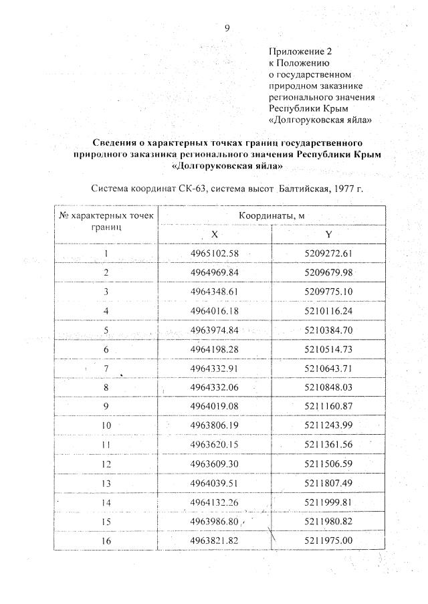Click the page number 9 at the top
click(227, 27)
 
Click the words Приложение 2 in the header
click(300, 51)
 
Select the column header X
click(215, 234)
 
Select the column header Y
click(328, 234)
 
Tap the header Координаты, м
click(272, 215)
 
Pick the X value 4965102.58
click(215, 253)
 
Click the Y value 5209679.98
click(328, 272)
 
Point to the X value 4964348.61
click(215, 291)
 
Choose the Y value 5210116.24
click(328, 310)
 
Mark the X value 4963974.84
click(215, 330)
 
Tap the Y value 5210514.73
click(328, 348)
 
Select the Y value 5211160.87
click(328, 406)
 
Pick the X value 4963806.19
click(215, 425)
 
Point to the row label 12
click(106, 464)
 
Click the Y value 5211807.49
click(328, 483)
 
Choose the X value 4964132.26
click(215, 502)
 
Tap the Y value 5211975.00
click(328, 540)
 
